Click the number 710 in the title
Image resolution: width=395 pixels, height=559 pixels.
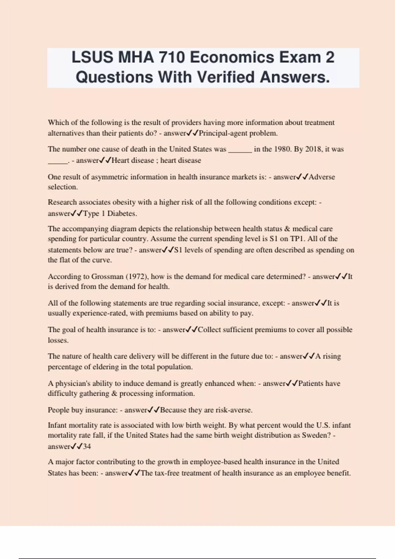171,58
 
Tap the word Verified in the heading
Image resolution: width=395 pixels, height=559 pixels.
225,77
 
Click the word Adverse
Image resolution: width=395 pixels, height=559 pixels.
322,177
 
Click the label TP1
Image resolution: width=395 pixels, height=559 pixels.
297,239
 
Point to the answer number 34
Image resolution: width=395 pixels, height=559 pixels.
87,447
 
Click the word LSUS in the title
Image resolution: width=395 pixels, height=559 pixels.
92,58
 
